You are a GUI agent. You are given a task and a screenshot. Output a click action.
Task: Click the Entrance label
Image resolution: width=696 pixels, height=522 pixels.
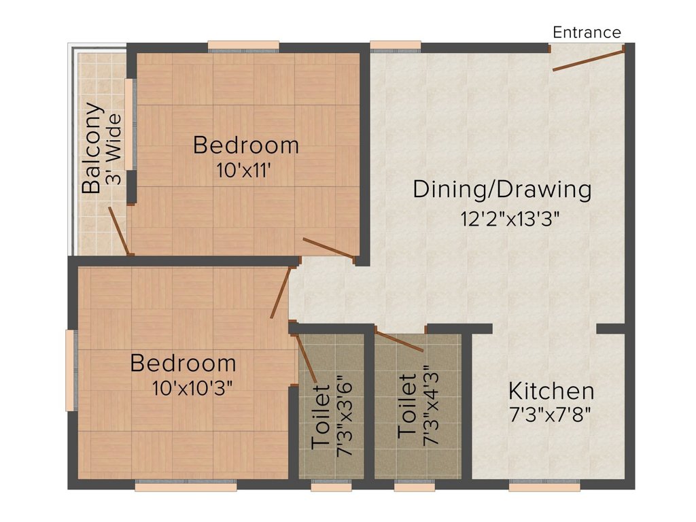pos(587,32)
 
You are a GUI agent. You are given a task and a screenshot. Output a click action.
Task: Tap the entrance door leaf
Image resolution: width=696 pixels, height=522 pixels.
pos(588,59)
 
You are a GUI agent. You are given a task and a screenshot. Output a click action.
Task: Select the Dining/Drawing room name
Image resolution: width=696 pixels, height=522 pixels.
pos(502,189)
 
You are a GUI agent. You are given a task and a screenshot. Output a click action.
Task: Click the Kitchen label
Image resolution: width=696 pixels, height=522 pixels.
pos(551,391)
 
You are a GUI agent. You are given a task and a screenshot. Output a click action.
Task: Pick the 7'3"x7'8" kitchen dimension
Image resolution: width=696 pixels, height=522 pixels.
pos(551,414)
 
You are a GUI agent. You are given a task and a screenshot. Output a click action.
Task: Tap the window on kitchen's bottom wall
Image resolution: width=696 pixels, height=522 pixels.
pos(544,486)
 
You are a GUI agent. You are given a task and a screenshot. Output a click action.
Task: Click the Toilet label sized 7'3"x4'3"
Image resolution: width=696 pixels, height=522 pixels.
pos(407,406)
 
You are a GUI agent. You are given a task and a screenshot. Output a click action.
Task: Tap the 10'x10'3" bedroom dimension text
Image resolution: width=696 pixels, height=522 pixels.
pos(194,389)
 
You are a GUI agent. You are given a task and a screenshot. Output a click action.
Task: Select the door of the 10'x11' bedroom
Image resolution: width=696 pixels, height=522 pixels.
pos(328,249)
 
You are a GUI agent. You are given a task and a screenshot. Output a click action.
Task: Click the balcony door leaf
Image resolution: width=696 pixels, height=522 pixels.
pos(119,231)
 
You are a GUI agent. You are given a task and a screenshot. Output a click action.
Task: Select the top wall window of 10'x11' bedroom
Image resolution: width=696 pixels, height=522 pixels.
pos(243,46)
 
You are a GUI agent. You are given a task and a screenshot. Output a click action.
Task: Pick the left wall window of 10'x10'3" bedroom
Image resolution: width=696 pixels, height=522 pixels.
pos(69,370)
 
